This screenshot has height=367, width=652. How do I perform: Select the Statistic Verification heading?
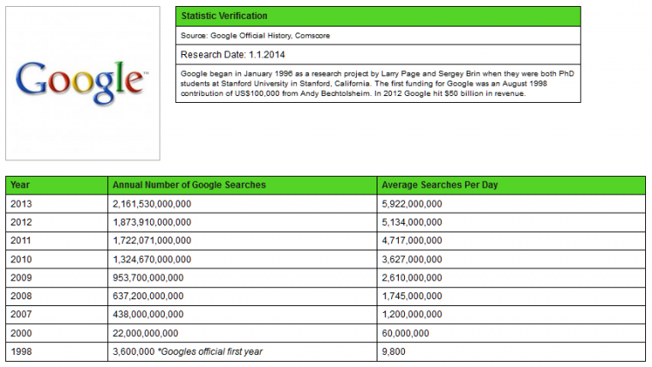[224, 16]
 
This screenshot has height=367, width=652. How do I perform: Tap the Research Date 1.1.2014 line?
[225, 55]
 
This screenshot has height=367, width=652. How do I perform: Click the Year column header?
[21, 185]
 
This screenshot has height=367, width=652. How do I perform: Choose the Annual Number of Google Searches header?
[189, 185]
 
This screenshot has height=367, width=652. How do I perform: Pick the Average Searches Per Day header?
[439, 185]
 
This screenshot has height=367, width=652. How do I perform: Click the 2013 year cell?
[21, 203]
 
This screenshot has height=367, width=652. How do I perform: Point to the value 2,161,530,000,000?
[152, 203]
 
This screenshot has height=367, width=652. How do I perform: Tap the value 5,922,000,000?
[412, 203]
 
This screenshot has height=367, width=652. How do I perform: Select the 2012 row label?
[21, 222]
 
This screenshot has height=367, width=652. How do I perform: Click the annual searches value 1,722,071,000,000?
[152, 241]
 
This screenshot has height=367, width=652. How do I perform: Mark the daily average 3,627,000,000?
[412, 259]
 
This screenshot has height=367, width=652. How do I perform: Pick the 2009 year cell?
[21, 278]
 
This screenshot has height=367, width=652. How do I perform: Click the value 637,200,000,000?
[148, 296]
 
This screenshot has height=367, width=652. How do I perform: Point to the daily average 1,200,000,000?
[412, 315]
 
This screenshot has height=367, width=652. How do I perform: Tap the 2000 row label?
[21, 333]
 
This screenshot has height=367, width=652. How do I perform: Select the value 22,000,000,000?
[145, 333]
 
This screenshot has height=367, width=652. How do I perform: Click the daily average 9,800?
[392, 352]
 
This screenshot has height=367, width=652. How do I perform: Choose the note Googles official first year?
[210, 352]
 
